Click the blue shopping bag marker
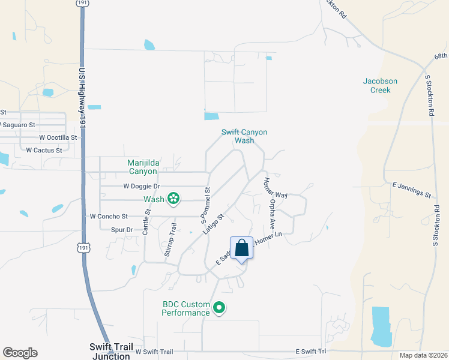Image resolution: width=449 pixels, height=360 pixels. (241, 248)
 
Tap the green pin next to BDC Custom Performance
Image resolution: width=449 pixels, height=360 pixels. (220, 308)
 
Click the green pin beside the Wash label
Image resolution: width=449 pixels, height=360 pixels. (173, 197)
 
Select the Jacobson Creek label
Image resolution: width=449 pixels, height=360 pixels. (381, 85)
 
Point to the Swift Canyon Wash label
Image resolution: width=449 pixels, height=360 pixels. (244, 136)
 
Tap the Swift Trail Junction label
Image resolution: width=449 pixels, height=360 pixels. (110, 351)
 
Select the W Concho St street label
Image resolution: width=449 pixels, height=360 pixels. (109, 216)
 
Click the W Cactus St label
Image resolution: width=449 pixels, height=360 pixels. (44, 150)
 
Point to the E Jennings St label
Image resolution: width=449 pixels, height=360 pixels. (411, 191)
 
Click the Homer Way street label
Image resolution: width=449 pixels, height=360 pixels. (274, 187)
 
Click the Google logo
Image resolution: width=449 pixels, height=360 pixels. (20, 353)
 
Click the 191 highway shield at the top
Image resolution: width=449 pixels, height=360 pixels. (82, 3)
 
